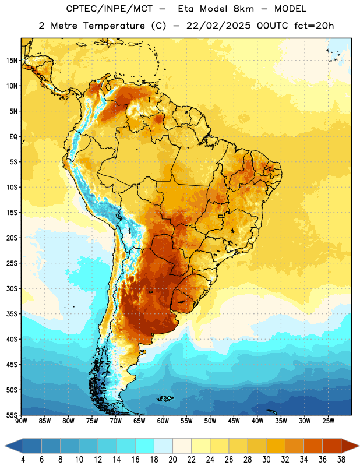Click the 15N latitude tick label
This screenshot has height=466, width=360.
click(12, 61)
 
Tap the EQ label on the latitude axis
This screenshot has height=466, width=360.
click(13, 137)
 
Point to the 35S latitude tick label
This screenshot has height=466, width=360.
click(12, 314)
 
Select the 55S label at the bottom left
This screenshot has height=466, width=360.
click(12, 415)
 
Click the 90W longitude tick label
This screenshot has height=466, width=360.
click(21, 421)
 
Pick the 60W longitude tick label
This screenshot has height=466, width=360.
click(163, 421)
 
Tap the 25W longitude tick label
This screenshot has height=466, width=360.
click(328, 421)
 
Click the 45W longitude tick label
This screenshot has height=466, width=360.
click(234, 421)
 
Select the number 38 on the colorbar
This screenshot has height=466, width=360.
click(341, 460)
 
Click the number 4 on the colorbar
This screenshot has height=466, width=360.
click(23, 460)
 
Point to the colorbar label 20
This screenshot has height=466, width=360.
click(172, 460)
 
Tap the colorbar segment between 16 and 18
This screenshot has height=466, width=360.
click(145, 446)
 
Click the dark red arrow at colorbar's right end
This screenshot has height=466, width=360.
click(350, 446)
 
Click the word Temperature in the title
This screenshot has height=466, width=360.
click(114, 26)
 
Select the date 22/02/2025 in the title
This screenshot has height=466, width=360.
click(218, 26)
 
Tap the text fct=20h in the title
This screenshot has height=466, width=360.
click(314, 26)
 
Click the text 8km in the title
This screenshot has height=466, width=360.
click(243, 9)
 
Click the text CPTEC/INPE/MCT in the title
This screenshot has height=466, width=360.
click(109, 9)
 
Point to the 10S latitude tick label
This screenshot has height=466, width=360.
click(12, 187)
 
